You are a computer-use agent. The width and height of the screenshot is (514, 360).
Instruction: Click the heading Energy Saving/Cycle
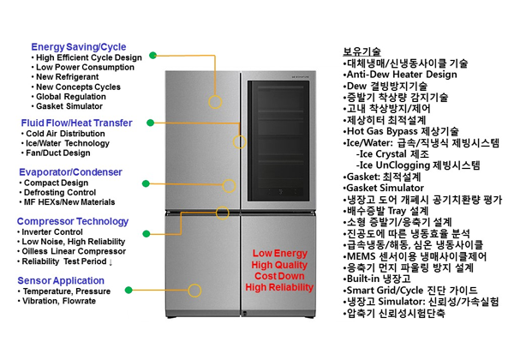[x=78, y=46]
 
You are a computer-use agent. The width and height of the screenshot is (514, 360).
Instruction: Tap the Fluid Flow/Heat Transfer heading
[x=76, y=123]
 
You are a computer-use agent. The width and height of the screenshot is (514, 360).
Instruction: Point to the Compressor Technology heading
[x=72, y=221]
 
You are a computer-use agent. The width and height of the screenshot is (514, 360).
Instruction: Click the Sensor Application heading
[x=61, y=280]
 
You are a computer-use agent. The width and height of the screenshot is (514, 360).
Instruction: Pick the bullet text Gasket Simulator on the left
[x=69, y=107]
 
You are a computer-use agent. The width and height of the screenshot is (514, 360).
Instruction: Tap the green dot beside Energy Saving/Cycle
[x=152, y=54]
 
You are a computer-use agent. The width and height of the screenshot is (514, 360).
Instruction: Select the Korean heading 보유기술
[x=362, y=51]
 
